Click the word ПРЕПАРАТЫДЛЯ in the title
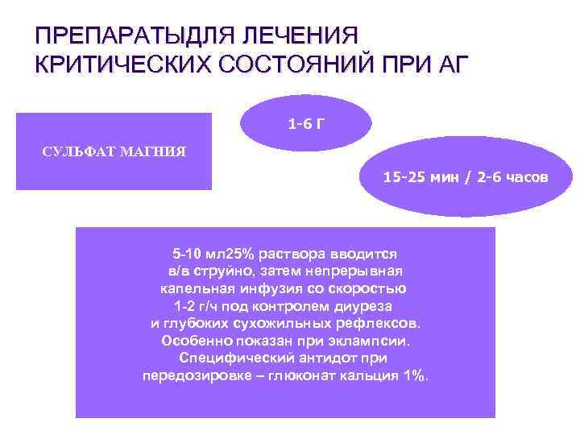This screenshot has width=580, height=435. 130,36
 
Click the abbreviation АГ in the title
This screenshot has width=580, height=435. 449,64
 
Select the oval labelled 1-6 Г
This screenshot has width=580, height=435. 307,124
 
